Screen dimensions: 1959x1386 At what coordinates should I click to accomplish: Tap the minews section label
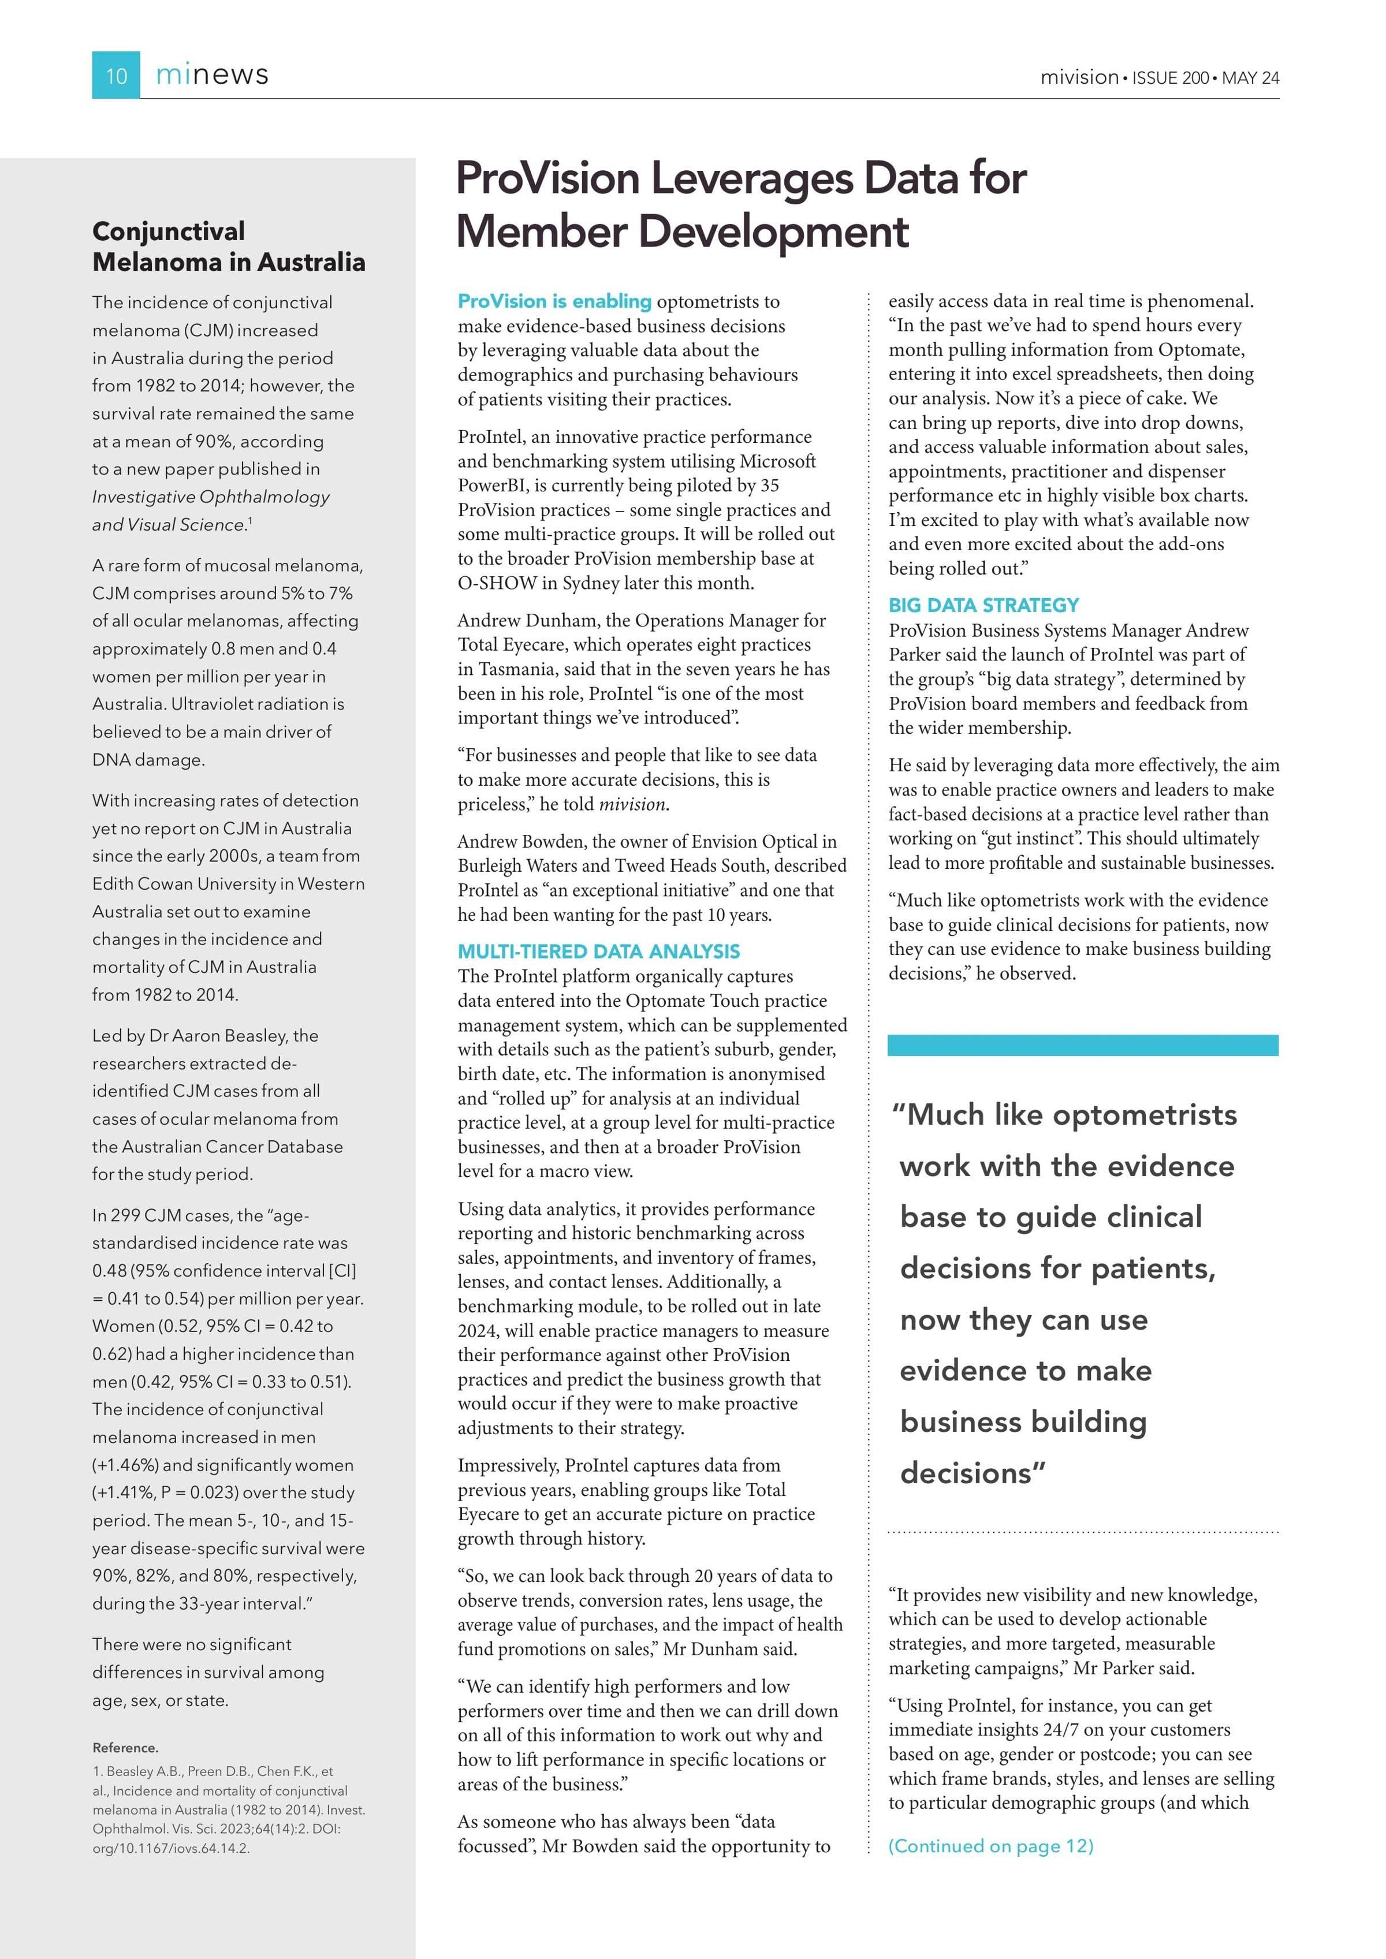[x=212, y=75]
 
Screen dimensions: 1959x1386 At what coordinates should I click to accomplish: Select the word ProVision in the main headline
[x=547, y=179]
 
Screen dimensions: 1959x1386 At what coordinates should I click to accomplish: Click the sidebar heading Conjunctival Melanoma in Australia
[x=228, y=247]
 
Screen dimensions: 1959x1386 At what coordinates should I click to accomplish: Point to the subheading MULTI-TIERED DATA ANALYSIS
[x=598, y=951]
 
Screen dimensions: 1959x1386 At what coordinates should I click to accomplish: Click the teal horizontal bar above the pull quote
[x=1082, y=1045]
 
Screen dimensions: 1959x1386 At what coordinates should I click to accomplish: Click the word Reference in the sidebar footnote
[x=125, y=1748]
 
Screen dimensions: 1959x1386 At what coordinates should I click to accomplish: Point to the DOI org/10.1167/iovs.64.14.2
[x=171, y=1848]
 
